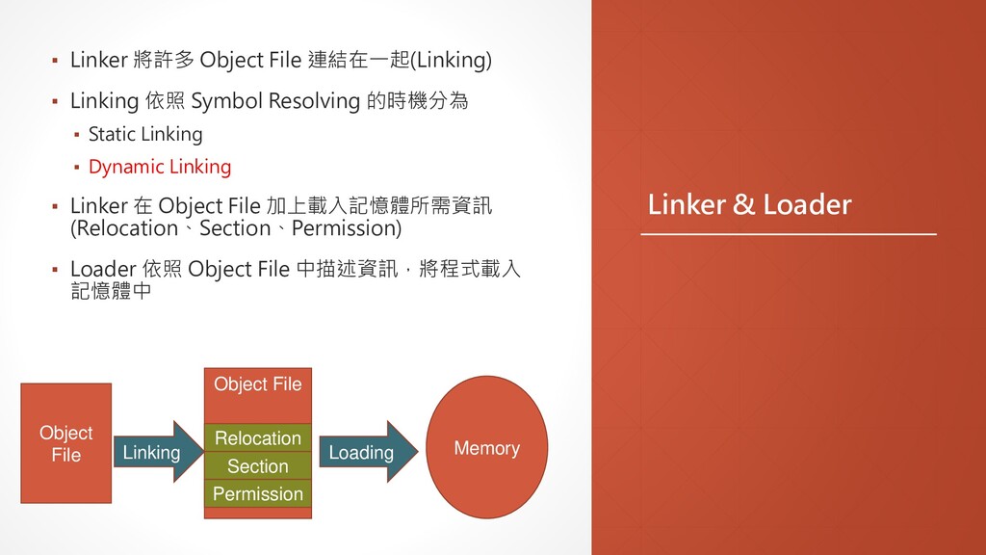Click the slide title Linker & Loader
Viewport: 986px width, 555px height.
749,204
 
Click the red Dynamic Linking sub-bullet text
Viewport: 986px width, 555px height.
160,167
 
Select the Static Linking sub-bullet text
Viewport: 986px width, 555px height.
145,134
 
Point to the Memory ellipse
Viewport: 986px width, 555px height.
486,448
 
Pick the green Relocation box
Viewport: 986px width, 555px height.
257,438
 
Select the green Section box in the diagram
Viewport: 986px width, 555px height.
257,466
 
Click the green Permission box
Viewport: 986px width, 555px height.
257,494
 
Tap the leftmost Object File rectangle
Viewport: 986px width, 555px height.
65,443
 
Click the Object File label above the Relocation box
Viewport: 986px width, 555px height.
257,384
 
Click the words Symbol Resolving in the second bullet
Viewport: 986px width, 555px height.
275,100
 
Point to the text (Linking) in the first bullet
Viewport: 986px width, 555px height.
452,61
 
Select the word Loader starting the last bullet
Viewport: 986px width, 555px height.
102,268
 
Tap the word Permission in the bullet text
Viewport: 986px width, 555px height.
345,228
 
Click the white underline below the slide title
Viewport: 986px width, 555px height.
789,234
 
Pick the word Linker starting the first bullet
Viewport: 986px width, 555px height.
98,61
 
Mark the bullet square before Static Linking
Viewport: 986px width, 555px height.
77,135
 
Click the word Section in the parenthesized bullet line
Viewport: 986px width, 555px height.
234,228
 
